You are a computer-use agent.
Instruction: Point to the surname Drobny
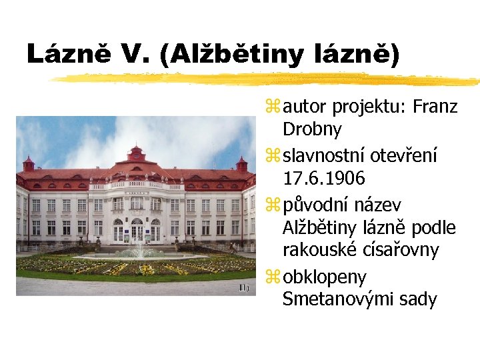pyautogui.click(x=312, y=129)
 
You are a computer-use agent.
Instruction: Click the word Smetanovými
pyautogui.click(x=341, y=299)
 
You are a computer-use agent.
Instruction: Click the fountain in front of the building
pyautogui.click(x=139, y=249)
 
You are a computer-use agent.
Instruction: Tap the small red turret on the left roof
pyautogui.click(x=29, y=163)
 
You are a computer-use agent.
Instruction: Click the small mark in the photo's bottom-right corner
pyautogui.click(x=244, y=287)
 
